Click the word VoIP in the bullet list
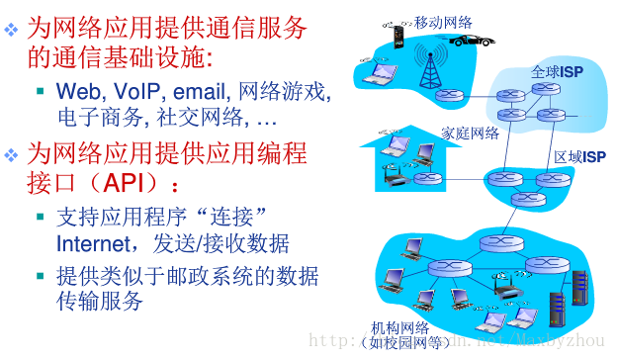pos(128,92)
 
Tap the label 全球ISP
pos(558,72)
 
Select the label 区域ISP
pos(579,156)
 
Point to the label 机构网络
pos(399,328)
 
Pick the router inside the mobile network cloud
pos(452,96)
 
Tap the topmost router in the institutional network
pos(491,243)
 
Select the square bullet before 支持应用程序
pos(41,216)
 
